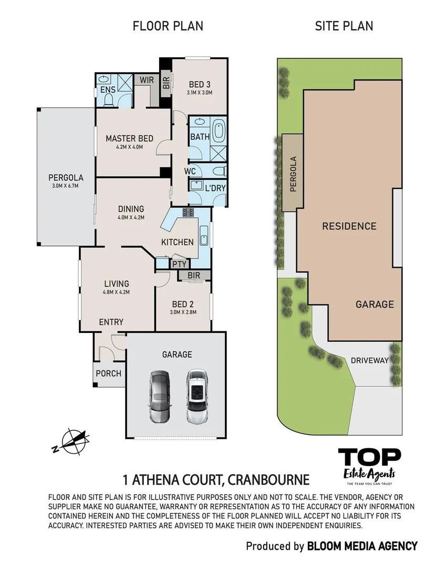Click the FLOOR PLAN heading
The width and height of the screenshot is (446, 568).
pyautogui.click(x=168, y=26)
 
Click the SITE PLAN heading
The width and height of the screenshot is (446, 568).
pyautogui.click(x=344, y=26)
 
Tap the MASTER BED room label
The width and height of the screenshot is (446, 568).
pyautogui.click(x=129, y=138)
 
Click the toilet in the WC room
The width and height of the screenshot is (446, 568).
pyautogui.click(x=220, y=170)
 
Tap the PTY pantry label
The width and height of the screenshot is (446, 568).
pyautogui.click(x=179, y=265)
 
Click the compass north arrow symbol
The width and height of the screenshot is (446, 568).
pyautogui.click(x=74, y=441)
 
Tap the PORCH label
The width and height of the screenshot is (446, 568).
pyautogui.click(x=109, y=373)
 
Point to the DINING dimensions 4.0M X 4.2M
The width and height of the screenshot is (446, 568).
pyautogui.click(x=130, y=217)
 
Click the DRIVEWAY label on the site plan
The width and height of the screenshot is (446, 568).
pyautogui.click(x=369, y=360)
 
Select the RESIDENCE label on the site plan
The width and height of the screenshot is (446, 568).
pyautogui.click(x=349, y=226)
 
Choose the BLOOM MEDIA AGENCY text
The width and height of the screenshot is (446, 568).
pyautogui.click(x=362, y=546)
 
